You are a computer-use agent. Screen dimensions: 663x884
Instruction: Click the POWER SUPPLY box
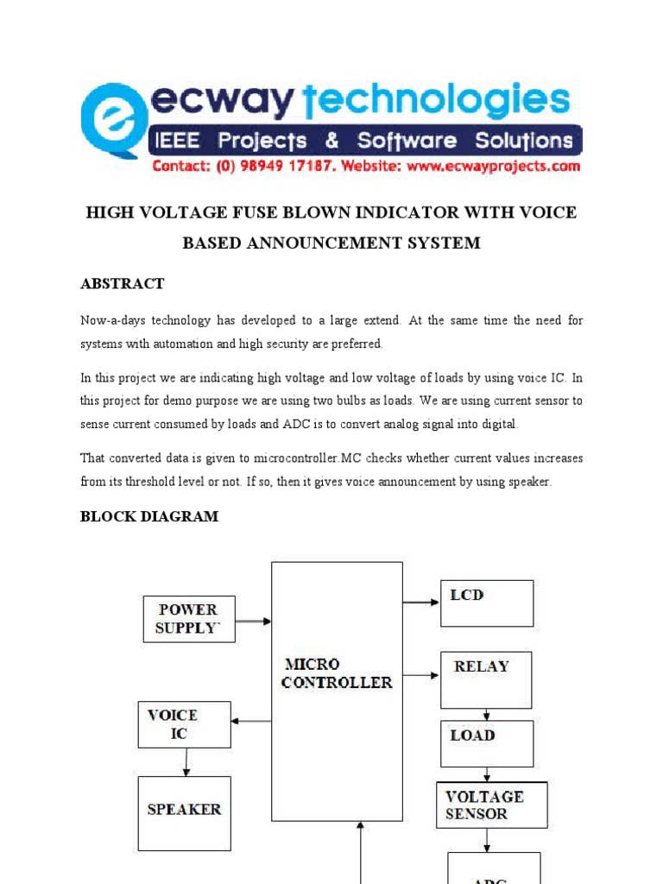[x=188, y=618]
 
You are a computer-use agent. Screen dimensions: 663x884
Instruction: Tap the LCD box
[x=487, y=603]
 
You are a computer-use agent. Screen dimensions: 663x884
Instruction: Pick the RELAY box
[x=486, y=679]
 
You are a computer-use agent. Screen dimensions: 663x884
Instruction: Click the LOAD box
[x=487, y=743]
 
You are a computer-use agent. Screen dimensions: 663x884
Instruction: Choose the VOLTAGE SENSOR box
[x=491, y=805]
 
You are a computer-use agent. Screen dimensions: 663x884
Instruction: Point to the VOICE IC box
[x=184, y=724]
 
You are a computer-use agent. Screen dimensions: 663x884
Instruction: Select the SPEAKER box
[x=185, y=809]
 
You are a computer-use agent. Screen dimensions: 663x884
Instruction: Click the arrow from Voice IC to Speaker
[x=185, y=761]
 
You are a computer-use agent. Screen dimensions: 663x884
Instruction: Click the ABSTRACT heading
[x=123, y=283]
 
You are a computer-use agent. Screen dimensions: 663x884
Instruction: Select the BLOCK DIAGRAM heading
[x=149, y=516]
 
